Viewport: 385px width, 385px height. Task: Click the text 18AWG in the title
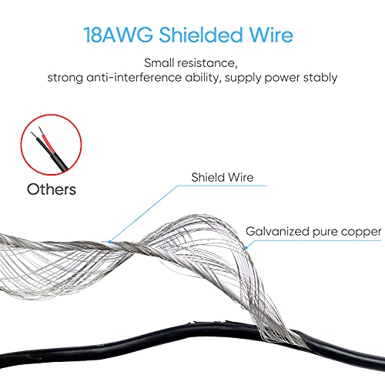(x=119, y=35)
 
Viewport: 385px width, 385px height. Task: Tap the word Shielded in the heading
(x=201, y=35)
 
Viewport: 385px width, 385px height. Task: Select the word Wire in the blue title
(x=271, y=35)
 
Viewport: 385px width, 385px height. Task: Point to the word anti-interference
(x=134, y=78)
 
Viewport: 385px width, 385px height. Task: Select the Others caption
(x=52, y=189)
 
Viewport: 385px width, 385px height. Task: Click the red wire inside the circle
(x=47, y=141)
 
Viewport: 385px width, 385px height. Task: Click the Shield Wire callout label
(x=223, y=177)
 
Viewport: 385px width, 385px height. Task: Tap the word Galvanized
(x=277, y=232)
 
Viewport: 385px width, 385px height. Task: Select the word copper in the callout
(x=361, y=233)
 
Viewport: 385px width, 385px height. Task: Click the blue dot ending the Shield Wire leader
(x=110, y=242)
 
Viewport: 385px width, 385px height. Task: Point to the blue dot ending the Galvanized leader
(x=246, y=248)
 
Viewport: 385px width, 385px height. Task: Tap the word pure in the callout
(x=325, y=233)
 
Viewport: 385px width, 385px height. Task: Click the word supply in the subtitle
(x=243, y=79)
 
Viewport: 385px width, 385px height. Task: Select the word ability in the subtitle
(x=203, y=78)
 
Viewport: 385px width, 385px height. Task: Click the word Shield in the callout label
(x=208, y=177)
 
